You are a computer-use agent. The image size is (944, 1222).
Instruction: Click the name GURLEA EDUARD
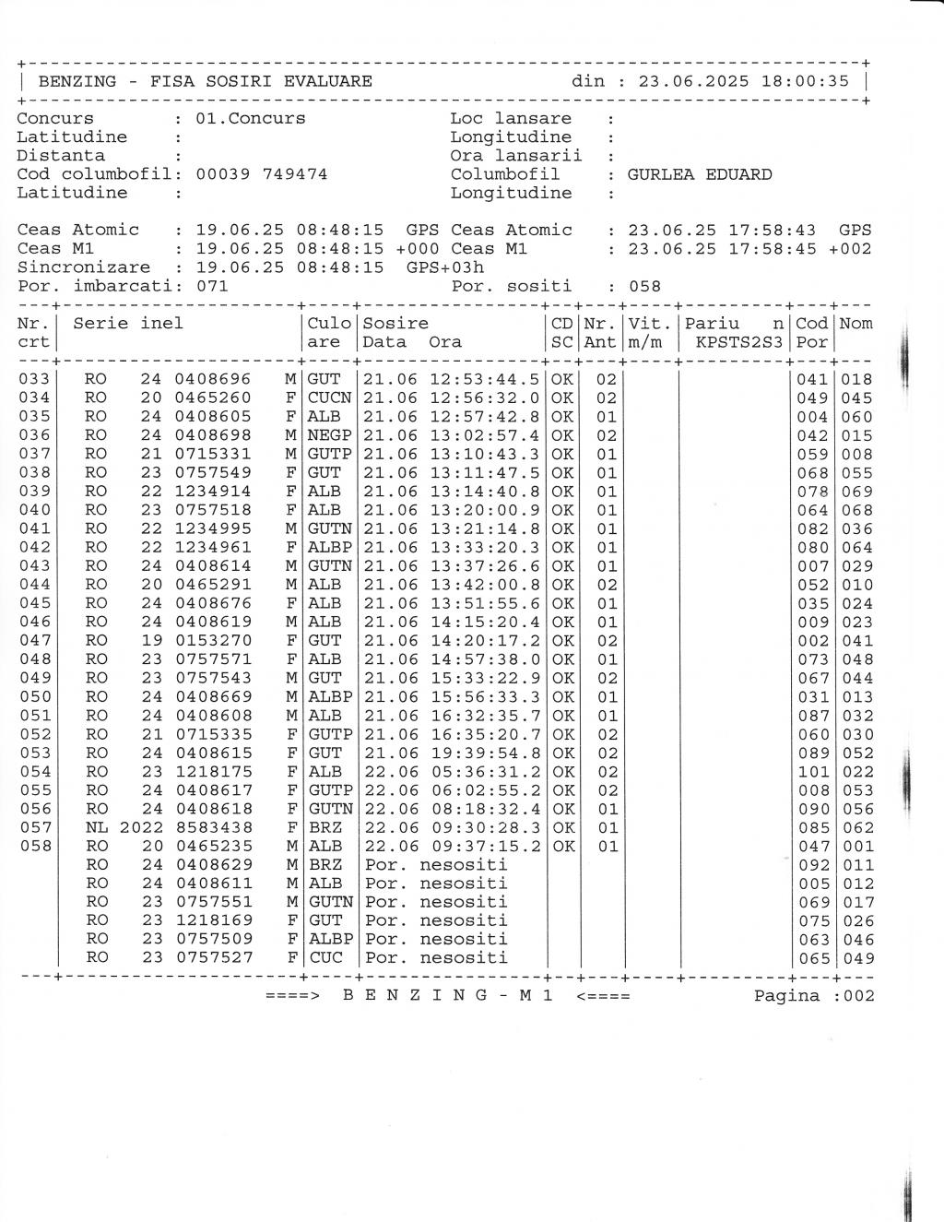point(700,174)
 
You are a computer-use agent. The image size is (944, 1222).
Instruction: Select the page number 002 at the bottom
point(856,996)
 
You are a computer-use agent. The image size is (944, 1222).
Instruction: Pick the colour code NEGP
point(329,435)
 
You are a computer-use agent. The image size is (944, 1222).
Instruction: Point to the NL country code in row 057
point(97,827)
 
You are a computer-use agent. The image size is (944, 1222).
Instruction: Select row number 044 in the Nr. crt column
point(35,585)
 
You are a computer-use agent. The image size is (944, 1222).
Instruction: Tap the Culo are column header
point(329,333)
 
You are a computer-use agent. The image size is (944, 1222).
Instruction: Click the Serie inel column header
point(128,323)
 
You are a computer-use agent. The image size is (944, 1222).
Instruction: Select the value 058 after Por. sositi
point(644,286)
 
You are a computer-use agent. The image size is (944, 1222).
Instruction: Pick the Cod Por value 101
point(812,771)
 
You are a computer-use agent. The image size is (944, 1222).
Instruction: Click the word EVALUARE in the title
point(327,81)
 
